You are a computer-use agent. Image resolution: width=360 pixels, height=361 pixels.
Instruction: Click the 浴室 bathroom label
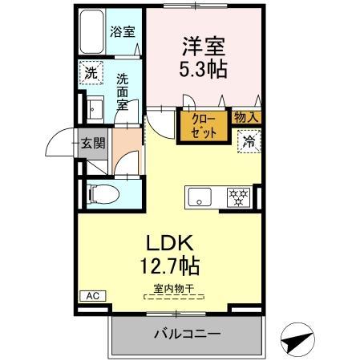(x=122, y=33)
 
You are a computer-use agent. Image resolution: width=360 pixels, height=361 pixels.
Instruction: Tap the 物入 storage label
(x=246, y=117)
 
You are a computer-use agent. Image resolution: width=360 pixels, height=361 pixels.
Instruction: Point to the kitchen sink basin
(x=198, y=195)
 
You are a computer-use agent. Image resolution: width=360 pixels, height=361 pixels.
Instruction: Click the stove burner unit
(x=238, y=195)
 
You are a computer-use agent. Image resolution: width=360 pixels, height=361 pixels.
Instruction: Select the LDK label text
(x=170, y=242)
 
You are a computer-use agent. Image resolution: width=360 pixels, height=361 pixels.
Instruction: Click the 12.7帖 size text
(x=170, y=265)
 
